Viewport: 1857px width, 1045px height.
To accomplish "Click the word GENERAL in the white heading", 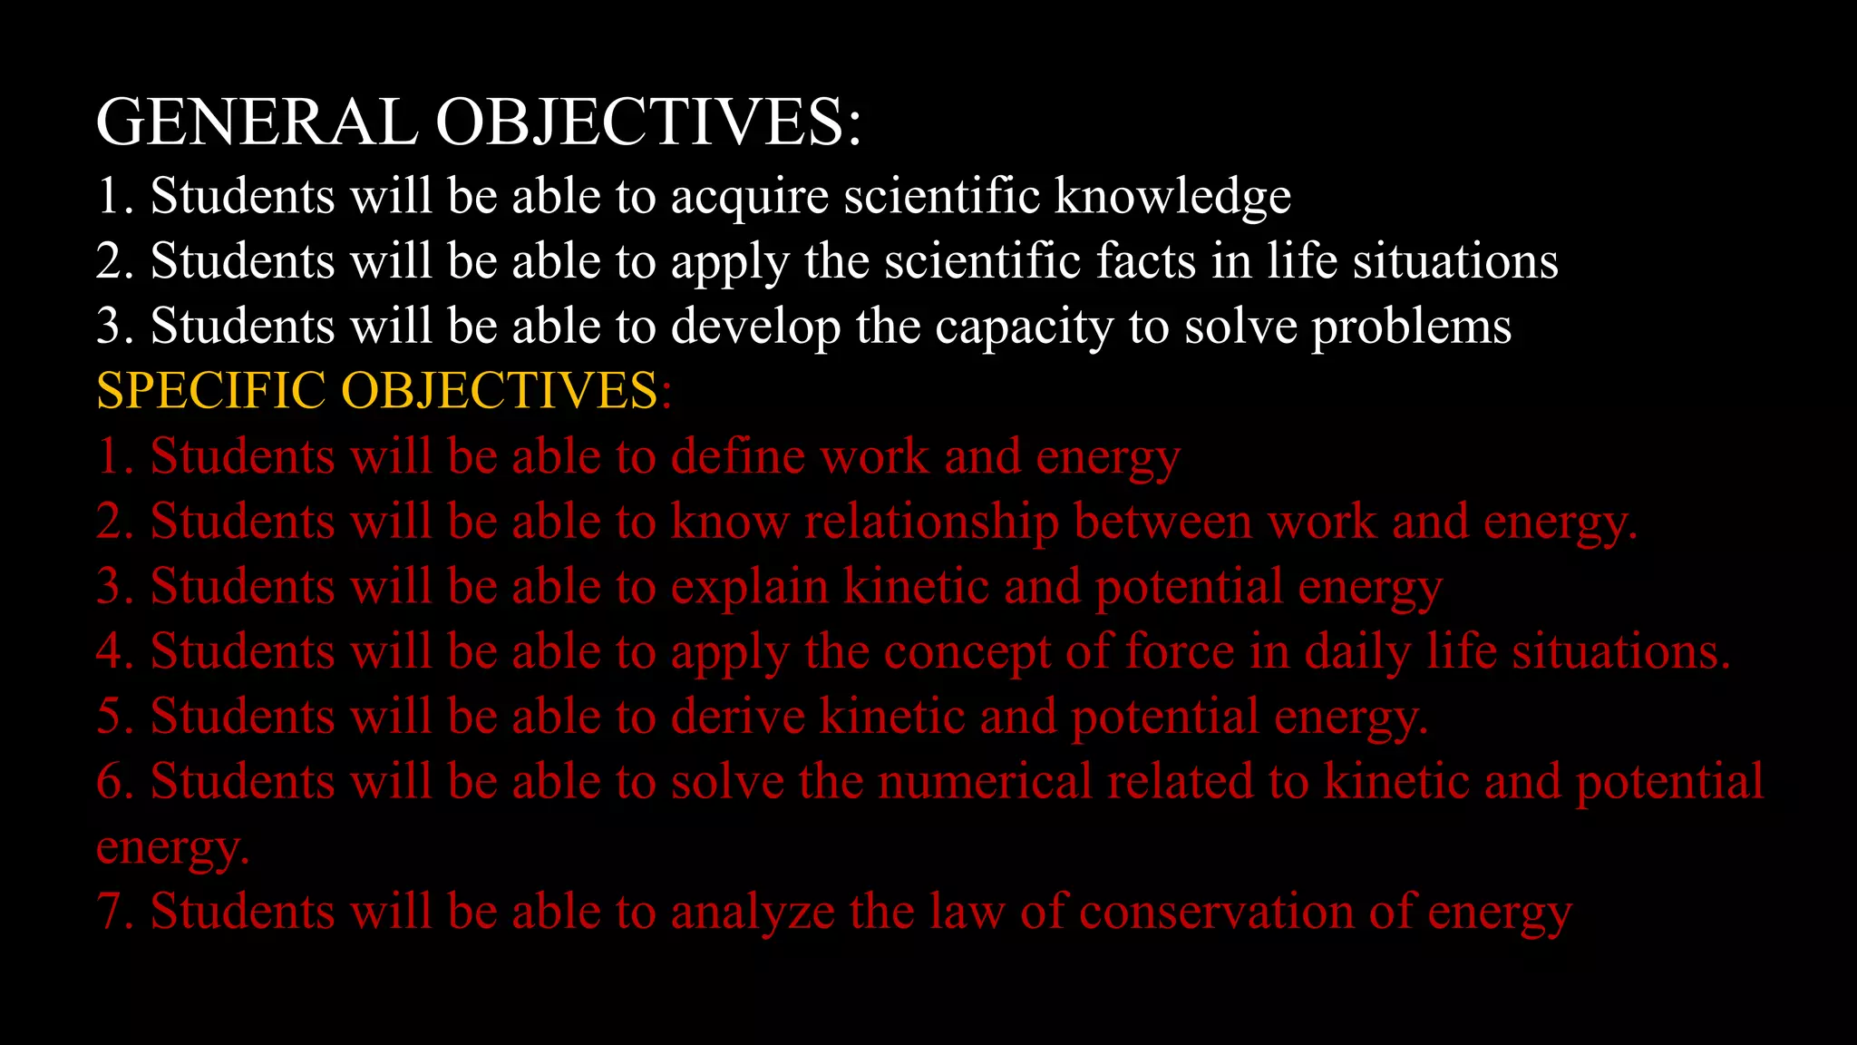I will [x=257, y=122].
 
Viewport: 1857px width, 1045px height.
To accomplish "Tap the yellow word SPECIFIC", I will [x=210, y=391].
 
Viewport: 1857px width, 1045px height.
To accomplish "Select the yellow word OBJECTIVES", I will [x=499, y=391].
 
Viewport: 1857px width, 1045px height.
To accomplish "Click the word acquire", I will [x=749, y=197].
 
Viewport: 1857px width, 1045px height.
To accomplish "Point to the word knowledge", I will [x=1172, y=197].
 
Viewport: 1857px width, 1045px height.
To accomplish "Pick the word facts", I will [x=1146, y=261].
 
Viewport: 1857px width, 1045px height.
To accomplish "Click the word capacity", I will [x=1024, y=327].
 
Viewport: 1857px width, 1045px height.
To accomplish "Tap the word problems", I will [x=1411, y=327].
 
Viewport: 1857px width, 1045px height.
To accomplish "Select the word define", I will [x=737, y=456].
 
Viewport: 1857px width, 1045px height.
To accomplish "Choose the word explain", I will [x=749, y=587].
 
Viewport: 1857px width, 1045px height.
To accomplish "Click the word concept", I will [x=967, y=652].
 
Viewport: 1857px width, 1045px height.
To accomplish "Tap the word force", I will [x=1180, y=652].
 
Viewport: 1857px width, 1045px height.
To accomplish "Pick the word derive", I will [x=737, y=717].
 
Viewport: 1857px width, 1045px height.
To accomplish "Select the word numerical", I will [x=985, y=782].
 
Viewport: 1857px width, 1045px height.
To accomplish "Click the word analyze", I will [x=752, y=912].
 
